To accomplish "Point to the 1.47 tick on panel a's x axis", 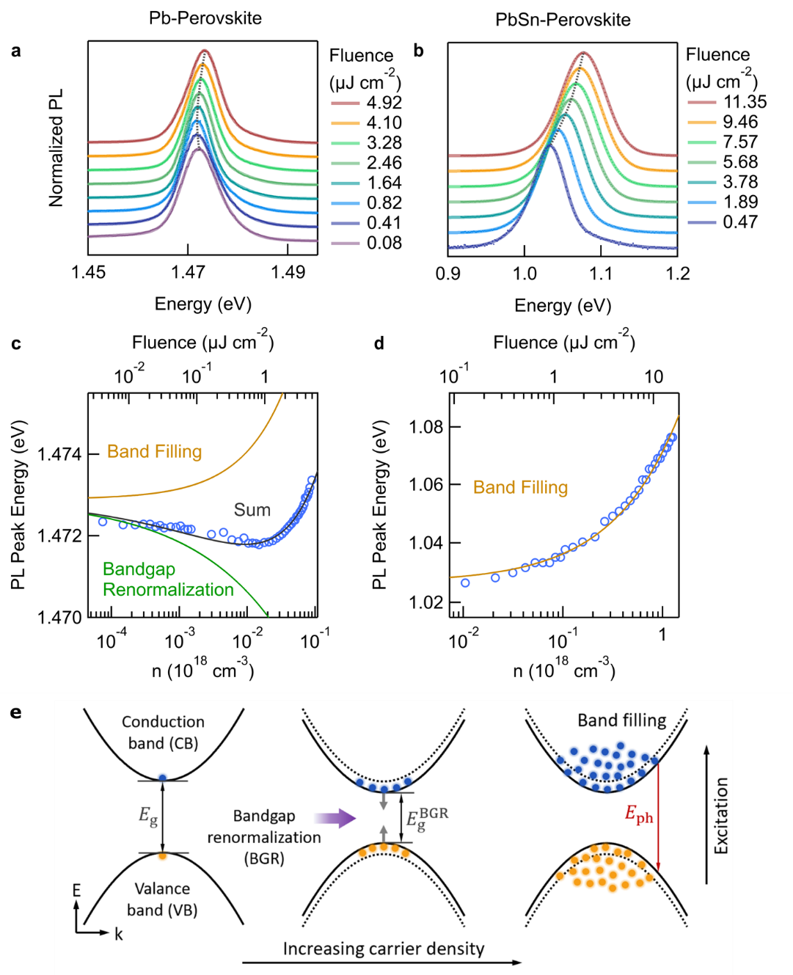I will click(189, 272).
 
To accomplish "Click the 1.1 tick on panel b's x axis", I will click(601, 273).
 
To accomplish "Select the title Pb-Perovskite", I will click(205, 18).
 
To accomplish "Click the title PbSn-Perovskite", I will click(563, 20).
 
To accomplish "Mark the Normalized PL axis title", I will click(56, 147).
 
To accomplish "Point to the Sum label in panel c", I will click(252, 510).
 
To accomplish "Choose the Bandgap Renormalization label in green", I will click(168, 580).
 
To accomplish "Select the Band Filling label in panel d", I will click(520, 487).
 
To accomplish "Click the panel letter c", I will click(16, 343).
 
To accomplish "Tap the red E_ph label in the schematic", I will click(639, 814).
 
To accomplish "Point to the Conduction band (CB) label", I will click(163, 732).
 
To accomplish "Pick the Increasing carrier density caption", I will click(384, 949).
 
